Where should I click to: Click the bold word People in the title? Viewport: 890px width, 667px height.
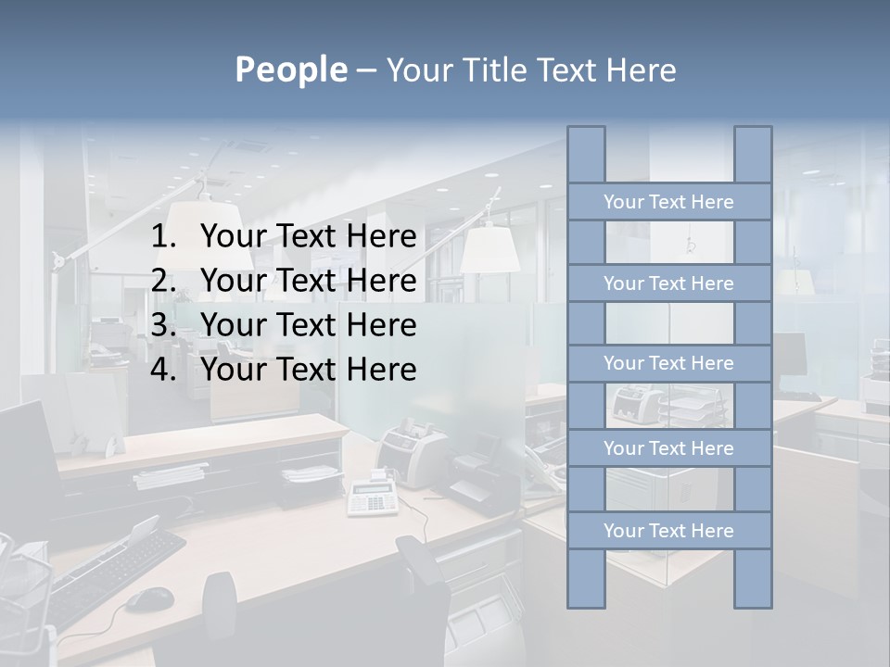pos(291,69)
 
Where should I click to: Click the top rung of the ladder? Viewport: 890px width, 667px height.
pos(668,202)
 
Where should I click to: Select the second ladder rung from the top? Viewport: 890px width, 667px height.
pos(668,283)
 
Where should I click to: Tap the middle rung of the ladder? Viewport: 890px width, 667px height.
pos(668,363)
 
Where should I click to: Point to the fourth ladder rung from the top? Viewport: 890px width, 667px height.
pos(668,448)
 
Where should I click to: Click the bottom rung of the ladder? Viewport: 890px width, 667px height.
pos(668,531)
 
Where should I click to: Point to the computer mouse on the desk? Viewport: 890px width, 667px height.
pos(148,600)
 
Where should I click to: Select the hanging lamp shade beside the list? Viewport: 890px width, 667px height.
pos(489,248)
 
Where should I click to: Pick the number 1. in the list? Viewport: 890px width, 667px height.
pos(163,237)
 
